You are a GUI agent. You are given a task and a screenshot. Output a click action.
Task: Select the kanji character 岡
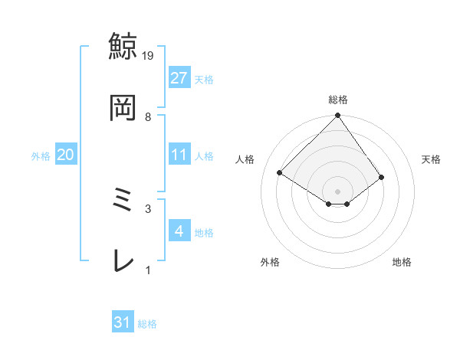123,108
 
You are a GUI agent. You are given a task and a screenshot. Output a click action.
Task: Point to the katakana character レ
123,261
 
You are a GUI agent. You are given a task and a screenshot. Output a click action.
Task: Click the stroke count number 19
149,56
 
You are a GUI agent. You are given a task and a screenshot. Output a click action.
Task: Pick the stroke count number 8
148,116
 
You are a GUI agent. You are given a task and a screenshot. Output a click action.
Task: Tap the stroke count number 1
148,270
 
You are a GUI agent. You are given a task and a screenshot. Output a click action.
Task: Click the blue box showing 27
179,77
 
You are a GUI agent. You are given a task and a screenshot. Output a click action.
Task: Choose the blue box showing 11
179,155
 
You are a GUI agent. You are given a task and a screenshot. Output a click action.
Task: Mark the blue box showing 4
179,231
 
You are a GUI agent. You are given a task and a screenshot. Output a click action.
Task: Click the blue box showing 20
65,155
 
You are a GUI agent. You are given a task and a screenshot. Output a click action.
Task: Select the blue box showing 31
123,322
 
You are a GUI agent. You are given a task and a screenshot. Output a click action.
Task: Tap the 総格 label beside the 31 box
147,324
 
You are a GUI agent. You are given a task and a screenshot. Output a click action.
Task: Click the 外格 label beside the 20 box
41,156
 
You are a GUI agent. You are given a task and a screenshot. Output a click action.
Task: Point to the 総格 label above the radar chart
338,100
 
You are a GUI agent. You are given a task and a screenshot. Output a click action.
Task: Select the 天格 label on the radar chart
432,159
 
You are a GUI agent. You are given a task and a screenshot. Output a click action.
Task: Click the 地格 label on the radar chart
402,262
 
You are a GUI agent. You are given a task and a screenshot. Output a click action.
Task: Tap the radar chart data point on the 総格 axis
338,116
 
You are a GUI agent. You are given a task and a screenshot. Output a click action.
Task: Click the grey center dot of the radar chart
338,191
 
